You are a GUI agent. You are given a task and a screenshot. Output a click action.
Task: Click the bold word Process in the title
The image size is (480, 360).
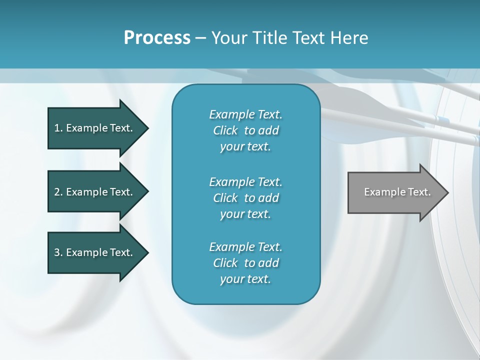coord(157,38)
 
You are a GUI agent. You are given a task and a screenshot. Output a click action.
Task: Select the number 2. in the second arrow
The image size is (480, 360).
coord(58,192)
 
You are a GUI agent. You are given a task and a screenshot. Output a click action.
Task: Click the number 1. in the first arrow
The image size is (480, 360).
coord(58,128)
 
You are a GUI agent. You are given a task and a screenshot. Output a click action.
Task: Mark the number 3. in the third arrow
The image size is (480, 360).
coord(58,252)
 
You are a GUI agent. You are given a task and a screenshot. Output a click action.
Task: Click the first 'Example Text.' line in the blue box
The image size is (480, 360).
coord(245,114)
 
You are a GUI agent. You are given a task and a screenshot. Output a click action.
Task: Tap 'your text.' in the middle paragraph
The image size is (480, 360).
coord(245,214)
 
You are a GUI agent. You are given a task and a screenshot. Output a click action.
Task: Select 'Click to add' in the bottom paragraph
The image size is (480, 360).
coord(245,263)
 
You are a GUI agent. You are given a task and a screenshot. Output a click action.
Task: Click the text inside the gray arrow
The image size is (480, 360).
coord(397,192)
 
